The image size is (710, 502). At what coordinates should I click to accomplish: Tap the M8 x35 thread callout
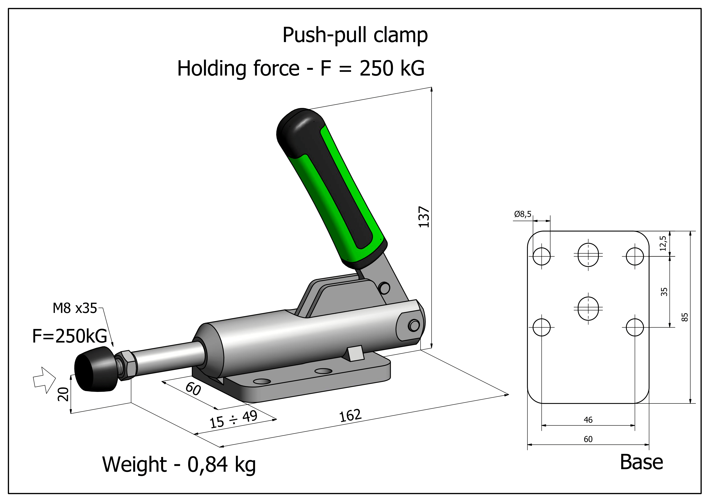pos(75,308)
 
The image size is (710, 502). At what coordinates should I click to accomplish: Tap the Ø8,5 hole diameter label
pos(523,214)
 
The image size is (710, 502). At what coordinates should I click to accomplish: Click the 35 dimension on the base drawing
pos(664,292)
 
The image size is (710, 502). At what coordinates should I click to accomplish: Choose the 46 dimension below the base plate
pos(588,420)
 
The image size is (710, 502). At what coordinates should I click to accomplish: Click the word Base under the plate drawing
pos(642,463)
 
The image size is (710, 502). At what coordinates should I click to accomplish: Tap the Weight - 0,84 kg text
pos(179,465)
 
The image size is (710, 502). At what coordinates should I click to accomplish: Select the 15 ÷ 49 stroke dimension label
pos(233,419)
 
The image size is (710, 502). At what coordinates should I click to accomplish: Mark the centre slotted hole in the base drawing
pos(588,308)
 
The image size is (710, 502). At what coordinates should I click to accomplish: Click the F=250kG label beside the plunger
pos(70,336)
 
